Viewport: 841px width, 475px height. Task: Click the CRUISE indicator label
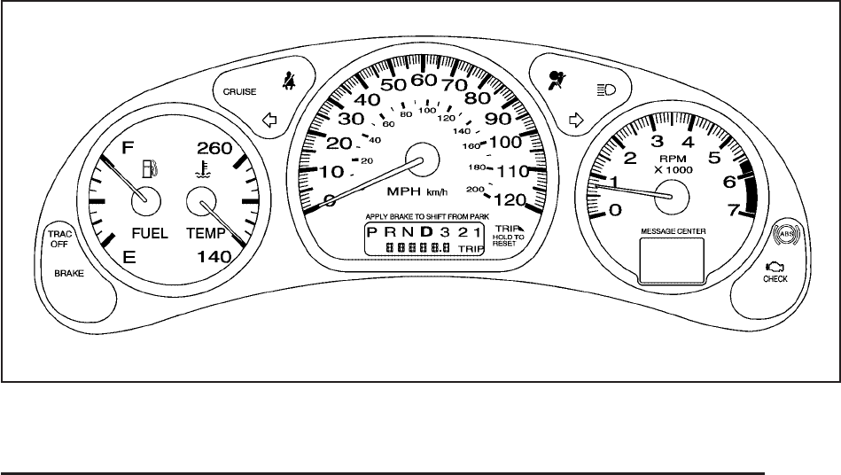239,90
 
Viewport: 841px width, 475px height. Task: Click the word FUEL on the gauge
150,233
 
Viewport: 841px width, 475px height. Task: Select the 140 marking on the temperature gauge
213,257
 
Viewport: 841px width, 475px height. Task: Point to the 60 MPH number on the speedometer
424,80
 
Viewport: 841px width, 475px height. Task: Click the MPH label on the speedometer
403,191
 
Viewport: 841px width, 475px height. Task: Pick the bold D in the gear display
426,232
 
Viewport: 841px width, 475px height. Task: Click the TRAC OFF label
58,238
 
